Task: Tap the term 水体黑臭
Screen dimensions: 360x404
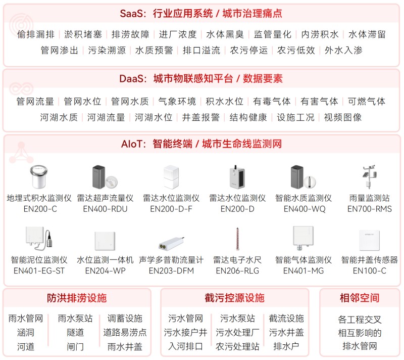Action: [x=225, y=34]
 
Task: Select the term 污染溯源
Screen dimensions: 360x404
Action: [x=107, y=50]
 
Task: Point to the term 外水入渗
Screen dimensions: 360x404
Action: [x=343, y=50]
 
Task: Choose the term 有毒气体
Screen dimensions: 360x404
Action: [x=272, y=101]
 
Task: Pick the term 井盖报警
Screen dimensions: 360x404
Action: [x=201, y=117]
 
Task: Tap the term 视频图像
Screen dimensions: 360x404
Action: [x=343, y=117]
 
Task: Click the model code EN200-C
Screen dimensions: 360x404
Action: [x=40, y=209]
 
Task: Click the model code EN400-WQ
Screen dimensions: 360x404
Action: [x=305, y=209]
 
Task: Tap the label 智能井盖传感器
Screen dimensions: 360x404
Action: [x=369, y=260]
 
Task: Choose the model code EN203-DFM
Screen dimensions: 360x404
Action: [x=171, y=271]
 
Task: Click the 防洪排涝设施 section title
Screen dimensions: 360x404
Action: [x=77, y=298]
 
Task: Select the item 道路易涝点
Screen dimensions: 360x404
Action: [x=125, y=332]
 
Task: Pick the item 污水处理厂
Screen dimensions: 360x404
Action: [x=237, y=332]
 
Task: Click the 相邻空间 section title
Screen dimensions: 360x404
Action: [x=359, y=298]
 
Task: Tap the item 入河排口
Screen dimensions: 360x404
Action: [x=185, y=346]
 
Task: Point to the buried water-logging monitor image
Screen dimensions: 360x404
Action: [x=39, y=177]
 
